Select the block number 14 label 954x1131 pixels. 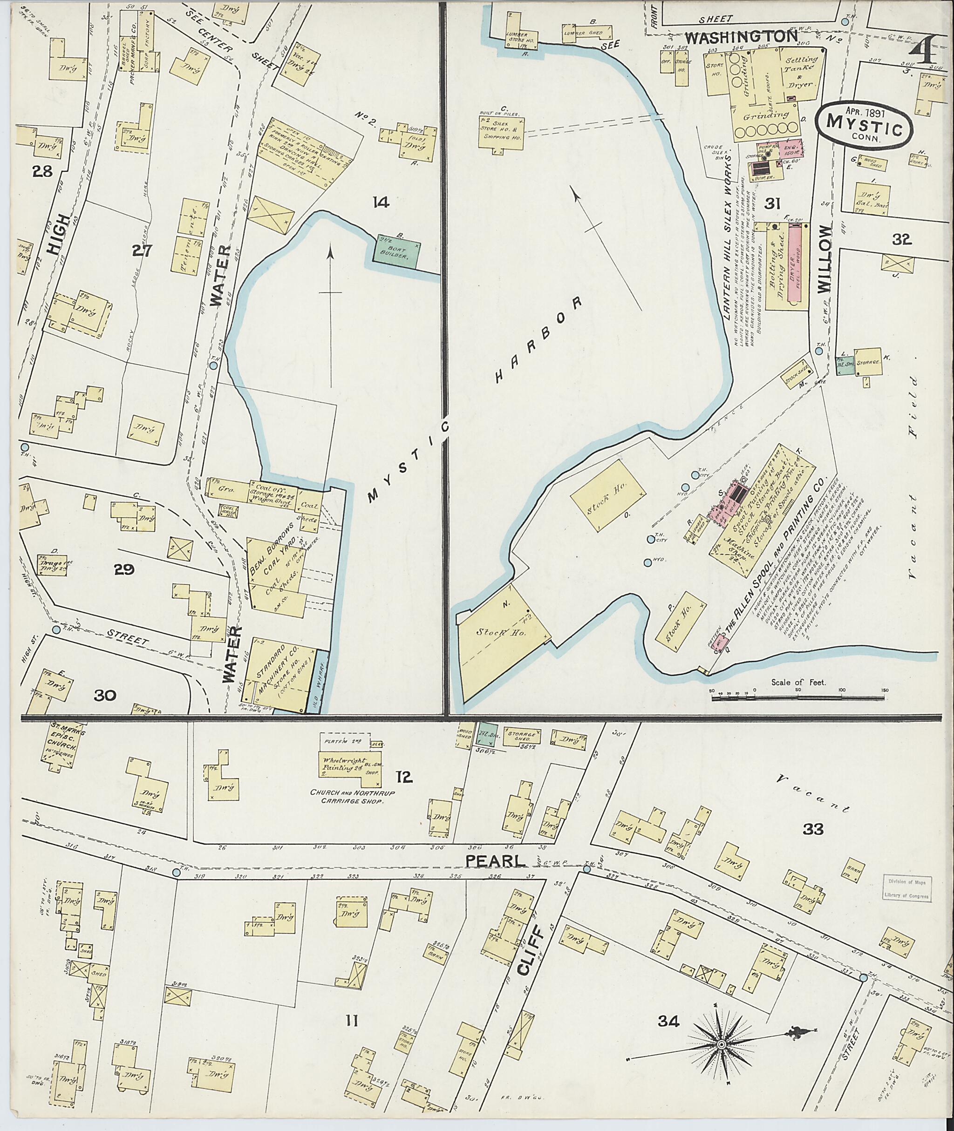(x=381, y=203)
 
